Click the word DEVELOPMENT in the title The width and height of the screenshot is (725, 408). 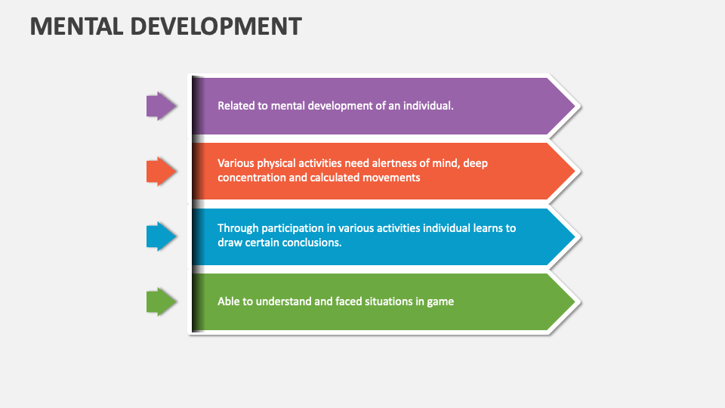[215, 26]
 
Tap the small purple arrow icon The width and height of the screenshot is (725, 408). [161, 106]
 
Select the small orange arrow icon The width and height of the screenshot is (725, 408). [161, 172]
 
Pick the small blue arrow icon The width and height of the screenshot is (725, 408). [161, 237]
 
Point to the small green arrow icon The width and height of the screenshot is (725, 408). [161, 302]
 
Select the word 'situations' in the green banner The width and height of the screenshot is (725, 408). [375, 301]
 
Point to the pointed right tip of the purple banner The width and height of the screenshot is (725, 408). [578, 106]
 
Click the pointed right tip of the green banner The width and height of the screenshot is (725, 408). [578, 302]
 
